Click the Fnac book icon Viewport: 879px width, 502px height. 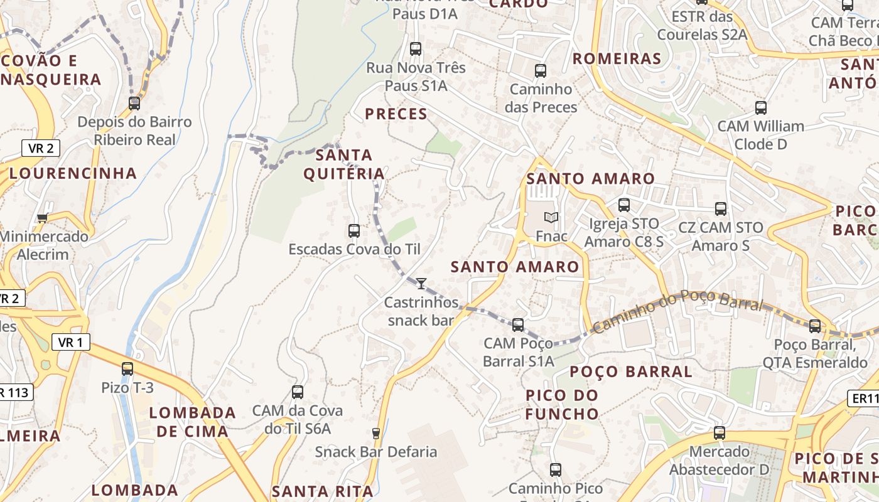coord(551,218)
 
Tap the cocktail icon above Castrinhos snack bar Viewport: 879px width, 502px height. coord(421,284)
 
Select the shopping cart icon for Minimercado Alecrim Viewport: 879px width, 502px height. coord(43,218)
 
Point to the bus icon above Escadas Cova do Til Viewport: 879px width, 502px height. coord(354,231)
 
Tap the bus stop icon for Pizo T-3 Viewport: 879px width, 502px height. coord(127,369)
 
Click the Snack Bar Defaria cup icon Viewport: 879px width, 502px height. coord(376,433)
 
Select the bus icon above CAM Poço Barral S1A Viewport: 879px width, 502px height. coord(518,325)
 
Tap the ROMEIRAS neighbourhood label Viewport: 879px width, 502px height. coord(617,59)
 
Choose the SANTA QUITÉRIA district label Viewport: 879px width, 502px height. coord(344,164)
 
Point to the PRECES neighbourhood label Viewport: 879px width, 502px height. coord(396,114)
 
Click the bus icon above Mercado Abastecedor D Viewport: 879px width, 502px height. coord(720,433)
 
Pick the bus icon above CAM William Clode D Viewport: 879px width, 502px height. coord(761,108)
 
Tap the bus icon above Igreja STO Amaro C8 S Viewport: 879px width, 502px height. coord(624,205)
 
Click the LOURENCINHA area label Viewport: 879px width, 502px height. coord(73,173)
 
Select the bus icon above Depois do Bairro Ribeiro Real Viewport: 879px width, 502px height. coord(134,104)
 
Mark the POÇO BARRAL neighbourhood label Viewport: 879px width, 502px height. coord(631,371)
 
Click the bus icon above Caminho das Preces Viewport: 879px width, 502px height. coord(541,71)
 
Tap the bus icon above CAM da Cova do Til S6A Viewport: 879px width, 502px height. coord(298,392)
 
